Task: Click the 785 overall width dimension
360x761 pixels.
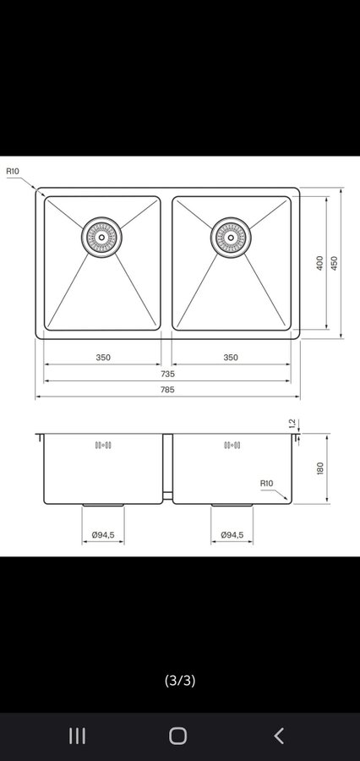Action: (x=167, y=389)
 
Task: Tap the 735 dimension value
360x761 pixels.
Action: (x=167, y=374)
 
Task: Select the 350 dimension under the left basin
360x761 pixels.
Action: (x=103, y=357)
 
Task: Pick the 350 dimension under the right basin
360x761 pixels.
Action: (x=231, y=357)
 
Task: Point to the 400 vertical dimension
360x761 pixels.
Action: (x=319, y=263)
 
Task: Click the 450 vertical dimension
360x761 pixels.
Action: (x=334, y=263)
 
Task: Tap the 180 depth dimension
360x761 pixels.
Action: (x=319, y=468)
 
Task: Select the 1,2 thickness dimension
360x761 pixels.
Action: (x=292, y=424)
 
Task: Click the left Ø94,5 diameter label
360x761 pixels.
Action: (x=103, y=535)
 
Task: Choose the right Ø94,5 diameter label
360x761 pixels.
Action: (x=232, y=535)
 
